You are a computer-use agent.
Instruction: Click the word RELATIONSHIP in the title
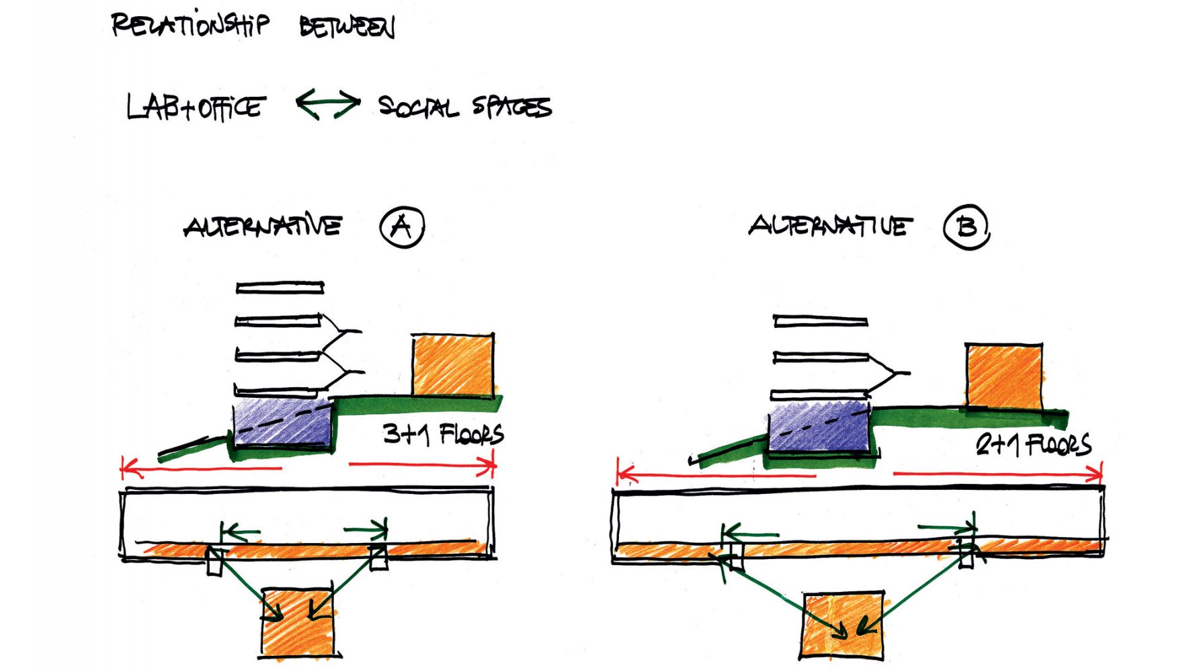190,25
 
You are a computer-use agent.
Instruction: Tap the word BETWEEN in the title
347,28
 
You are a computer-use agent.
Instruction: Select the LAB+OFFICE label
196,107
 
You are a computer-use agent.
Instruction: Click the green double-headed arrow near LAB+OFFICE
328,104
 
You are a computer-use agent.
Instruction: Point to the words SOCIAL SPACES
464,106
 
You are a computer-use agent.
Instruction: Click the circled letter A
402,227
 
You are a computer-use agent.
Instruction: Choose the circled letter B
966,228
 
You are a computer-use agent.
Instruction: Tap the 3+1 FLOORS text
443,434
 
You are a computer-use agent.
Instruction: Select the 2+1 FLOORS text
1033,445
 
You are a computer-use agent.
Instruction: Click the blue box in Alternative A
282,423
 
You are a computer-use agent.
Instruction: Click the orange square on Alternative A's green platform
453,365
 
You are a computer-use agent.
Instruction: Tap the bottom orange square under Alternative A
298,623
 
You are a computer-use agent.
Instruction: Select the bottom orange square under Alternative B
843,625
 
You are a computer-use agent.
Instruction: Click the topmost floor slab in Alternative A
280,288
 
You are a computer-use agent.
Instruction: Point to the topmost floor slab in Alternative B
820,321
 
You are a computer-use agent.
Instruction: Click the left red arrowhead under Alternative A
127,466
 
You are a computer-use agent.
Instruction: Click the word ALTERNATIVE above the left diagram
263,226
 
